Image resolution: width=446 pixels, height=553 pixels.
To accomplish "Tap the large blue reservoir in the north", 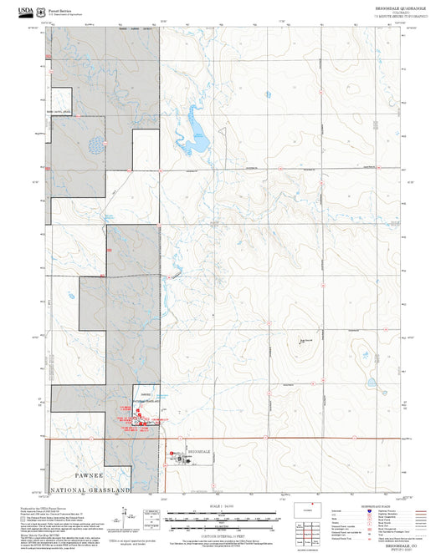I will [198, 132].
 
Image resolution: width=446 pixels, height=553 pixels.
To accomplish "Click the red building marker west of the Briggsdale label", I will [172, 454].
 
